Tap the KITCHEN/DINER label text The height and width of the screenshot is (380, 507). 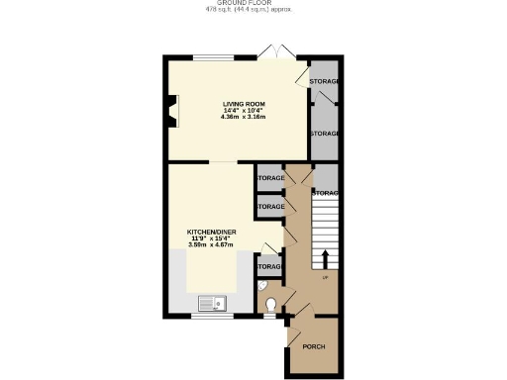pyautogui.click(x=212, y=232)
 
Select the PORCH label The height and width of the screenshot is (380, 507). pyautogui.click(x=314, y=346)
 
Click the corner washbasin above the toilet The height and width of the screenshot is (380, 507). pyautogui.click(x=262, y=285)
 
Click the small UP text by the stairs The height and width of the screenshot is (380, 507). pyautogui.click(x=325, y=276)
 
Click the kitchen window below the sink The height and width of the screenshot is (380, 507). pyautogui.click(x=211, y=317)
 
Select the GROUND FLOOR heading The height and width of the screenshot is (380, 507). pyautogui.click(x=253, y=3)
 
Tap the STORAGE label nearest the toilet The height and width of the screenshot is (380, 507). pyautogui.click(x=269, y=267)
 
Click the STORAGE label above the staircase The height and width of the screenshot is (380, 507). pyautogui.click(x=327, y=192)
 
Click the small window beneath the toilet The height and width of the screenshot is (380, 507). pyautogui.click(x=271, y=317)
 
